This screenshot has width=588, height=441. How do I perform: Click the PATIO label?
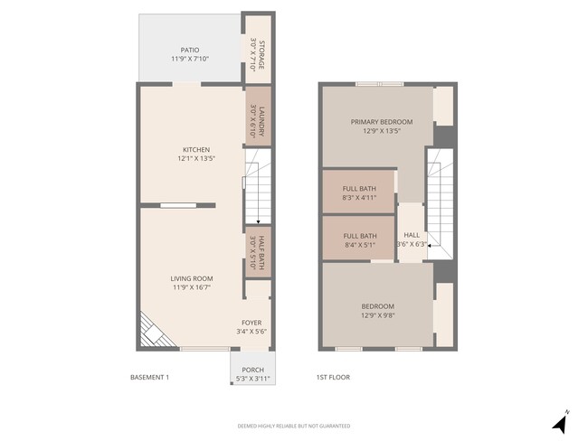pos(189,50)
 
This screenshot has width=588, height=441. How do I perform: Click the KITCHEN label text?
pos(196,150)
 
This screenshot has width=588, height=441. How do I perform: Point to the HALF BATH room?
pos(258,252)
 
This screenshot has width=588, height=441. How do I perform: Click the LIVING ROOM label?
pos(192,278)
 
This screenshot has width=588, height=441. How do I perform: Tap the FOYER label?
pos(251,323)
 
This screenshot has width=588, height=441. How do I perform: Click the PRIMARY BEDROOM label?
pos(382,122)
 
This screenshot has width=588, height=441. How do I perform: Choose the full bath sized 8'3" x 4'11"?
pos(358,191)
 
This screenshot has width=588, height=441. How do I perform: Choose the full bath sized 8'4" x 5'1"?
pos(358,240)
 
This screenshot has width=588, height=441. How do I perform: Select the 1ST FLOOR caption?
pos(332,377)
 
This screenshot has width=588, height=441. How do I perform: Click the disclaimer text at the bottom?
pos(293,426)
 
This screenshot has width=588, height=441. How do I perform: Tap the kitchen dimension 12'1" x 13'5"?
pos(196,159)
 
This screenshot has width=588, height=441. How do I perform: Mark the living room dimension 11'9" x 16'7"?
pos(192,287)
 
